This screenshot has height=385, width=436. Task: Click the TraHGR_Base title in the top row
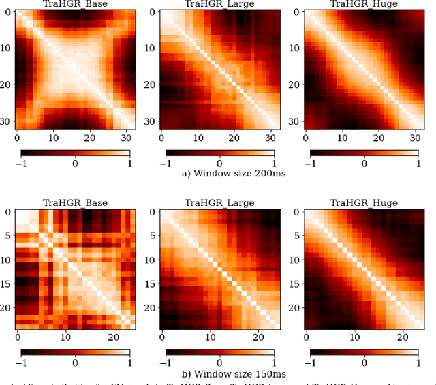click(x=76, y=4)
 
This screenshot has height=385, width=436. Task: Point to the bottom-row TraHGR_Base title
click(x=76, y=202)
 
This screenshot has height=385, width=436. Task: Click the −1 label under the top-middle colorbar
click(x=165, y=164)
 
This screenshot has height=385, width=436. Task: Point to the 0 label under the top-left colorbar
click(x=75, y=164)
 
